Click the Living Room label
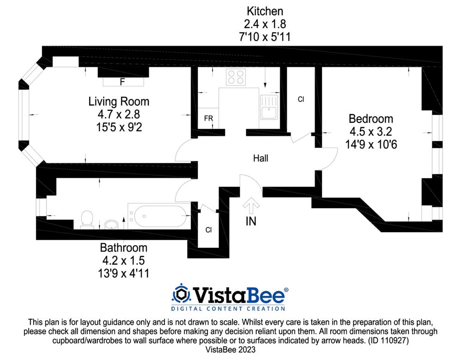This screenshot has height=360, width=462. [x=119, y=102]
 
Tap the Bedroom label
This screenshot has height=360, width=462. [x=371, y=119]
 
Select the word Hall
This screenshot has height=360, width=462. [x=261, y=158]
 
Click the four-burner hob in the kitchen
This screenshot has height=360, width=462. [x=236, y=77]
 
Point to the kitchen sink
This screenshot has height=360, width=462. [x=269, y=107]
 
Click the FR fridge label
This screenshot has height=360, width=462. [x=208, y=118]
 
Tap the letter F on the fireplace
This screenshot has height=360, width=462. [x=122, y=82]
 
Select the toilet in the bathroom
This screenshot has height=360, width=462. [x=87, y=220]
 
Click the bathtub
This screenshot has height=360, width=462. [x=159, y=216]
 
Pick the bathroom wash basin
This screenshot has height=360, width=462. [x=111, y=225]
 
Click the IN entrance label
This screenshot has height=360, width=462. [x=251, y=222]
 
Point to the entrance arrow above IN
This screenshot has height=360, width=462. [x=251, y=205]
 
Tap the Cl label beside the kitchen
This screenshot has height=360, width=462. [x=301, y=100]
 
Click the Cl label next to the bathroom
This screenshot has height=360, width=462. [x=209, y=230]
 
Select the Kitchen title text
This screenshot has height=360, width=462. [x=265, y=11]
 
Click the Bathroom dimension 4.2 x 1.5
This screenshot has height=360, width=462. [x=123, y=260]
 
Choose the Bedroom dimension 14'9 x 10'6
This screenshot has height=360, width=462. [x=371, y=144]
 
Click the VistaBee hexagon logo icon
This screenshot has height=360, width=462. [x=181, y=294]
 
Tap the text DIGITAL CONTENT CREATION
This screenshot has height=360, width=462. [x=228, y=309]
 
